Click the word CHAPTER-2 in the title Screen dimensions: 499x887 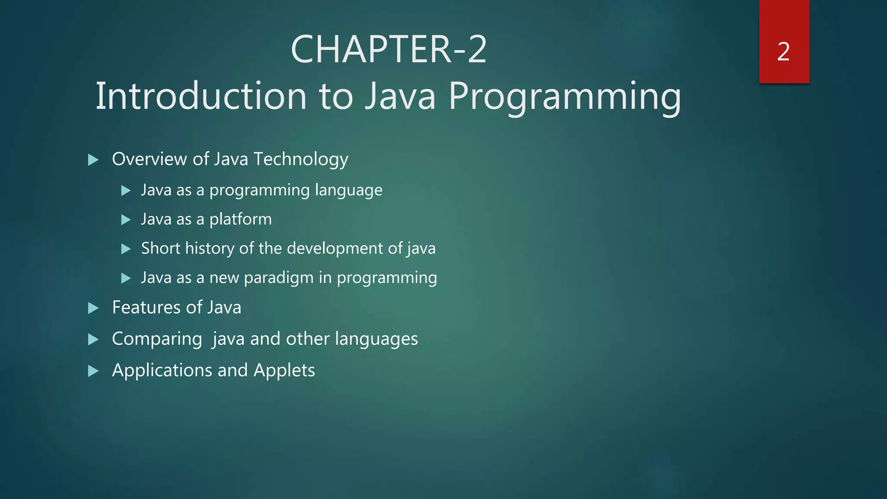pyautogui.click(x=388, y=49)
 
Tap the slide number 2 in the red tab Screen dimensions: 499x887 pyautogui.click(x=783, y=52)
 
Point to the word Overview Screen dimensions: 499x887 pyautogui.click(x=149, y=159)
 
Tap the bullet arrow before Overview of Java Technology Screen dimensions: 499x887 pyautogui.click(x=93, y=160)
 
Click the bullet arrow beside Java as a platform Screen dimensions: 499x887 pyautogui.click(x=126, y=220)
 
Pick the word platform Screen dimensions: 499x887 pyautogui.click(x=240, y=220)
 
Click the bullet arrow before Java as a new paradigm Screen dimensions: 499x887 pyautogui.click(x=126, y=278)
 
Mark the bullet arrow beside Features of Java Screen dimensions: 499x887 pyautogui.click(x=93, y=308)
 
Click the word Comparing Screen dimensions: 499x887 pyautogui.click(x=157, y=339)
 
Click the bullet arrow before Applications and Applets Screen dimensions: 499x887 pyautogui.click(x=93, y=371)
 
